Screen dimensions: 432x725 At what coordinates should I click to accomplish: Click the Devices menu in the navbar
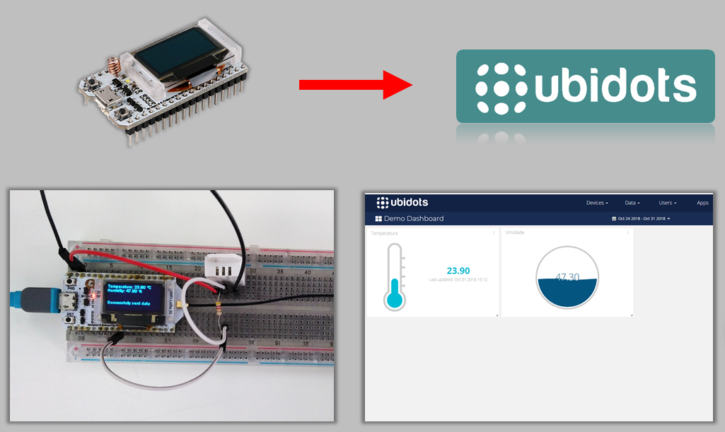pyautogui.click(x=597, y=203)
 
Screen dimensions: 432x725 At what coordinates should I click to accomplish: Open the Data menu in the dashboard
pyautogui.click(x=632, y=203)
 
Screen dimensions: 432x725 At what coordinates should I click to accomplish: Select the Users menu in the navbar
pyautogui.click(x=667, y=203)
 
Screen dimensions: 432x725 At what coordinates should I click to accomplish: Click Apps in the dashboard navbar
pyautogui.click(x=702, y=203)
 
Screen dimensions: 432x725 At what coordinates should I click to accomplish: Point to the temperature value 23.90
pyautogui.click(x=458, y=271)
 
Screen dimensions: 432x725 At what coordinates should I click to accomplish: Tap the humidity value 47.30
pyautogui.click(x=567, y=277)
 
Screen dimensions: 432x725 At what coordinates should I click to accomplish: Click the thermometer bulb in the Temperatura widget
pyautogui.click(x=395, y=300)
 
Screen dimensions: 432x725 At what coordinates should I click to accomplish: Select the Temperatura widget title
pyautogui.click(x=385, y=233)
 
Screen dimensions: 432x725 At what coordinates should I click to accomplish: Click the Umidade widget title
pyautogui.click(x=515, y=233)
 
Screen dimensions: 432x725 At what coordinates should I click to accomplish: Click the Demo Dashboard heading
pyautogui.click(x=414, y=218)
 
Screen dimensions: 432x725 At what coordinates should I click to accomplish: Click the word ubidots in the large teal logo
pyautogui.click(x=615, y=88)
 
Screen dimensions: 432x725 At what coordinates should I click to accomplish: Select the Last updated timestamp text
pyautogui.click(x=458, y=280)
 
